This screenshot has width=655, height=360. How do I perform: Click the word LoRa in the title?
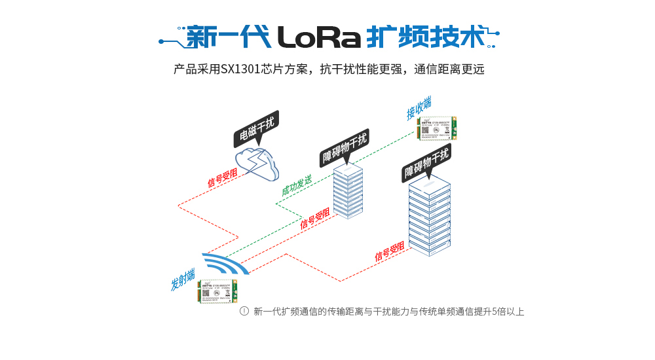320,37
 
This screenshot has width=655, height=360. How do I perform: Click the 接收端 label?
419,108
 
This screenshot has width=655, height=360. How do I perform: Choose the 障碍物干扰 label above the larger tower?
426,164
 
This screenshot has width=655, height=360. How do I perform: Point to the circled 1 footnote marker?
244,312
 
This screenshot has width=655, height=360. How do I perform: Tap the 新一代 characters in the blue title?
228,37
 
